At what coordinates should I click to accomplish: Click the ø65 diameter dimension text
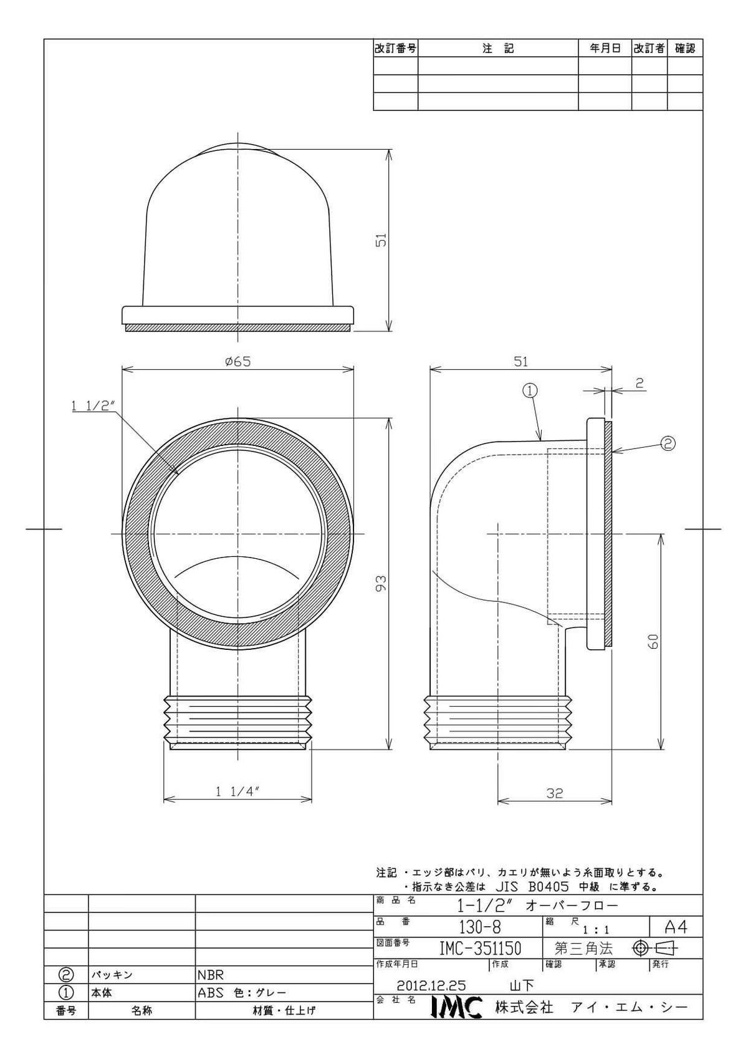point(237,362)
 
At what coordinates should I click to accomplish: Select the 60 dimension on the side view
point(653,642)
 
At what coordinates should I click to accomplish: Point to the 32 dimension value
point(554,793)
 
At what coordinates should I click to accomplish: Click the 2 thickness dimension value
point(640,383)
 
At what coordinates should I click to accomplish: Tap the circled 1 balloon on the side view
point(530,390)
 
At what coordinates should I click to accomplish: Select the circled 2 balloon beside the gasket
point(668,443)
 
